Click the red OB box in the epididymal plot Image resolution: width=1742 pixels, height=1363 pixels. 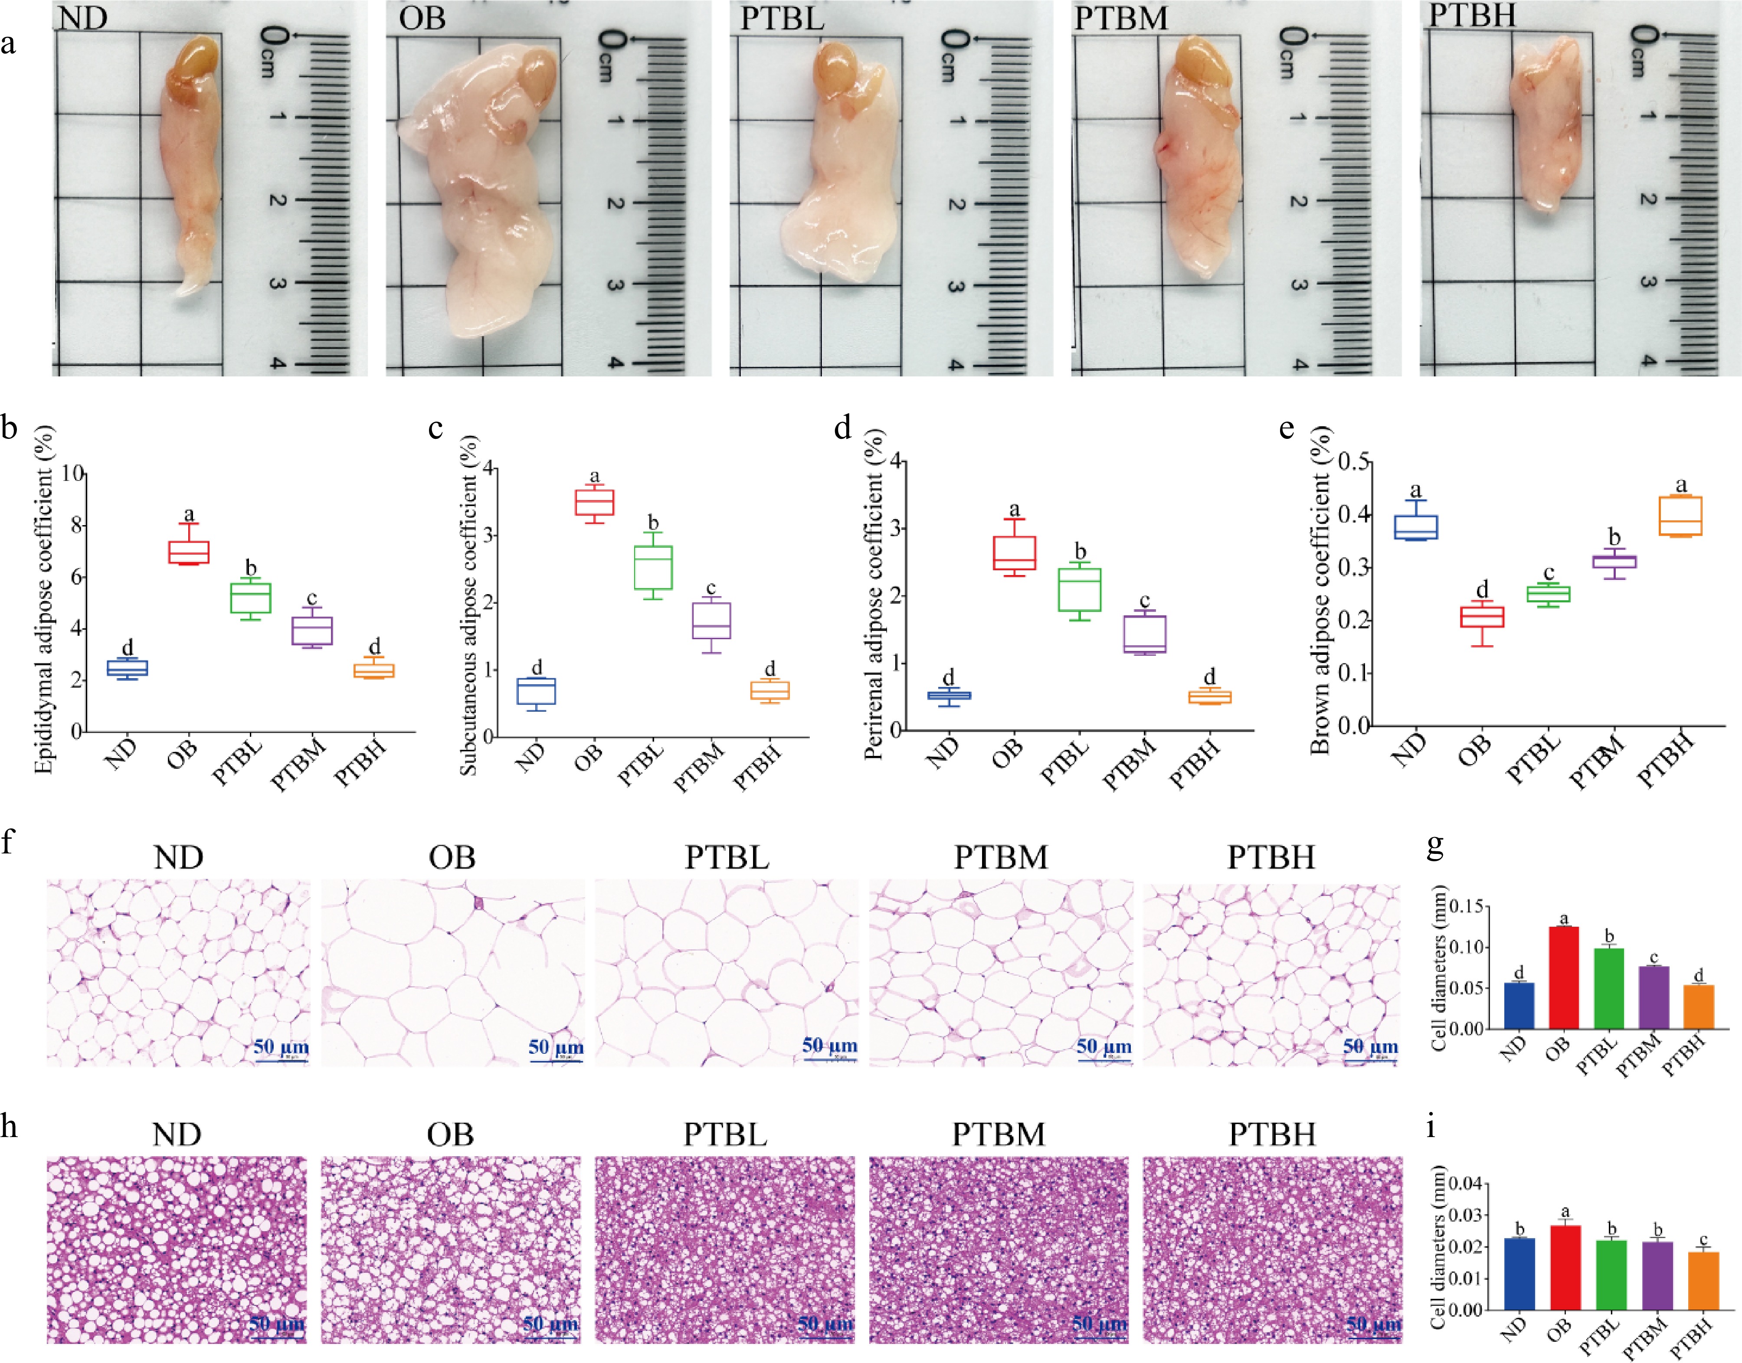(188, 552)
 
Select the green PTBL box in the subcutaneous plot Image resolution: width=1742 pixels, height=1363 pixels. (653, 567)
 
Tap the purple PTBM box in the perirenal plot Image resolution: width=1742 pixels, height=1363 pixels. (1144, 634)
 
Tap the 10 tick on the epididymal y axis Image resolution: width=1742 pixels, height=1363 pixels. (72, 473)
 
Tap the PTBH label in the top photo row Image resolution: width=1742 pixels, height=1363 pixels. (1471, 14)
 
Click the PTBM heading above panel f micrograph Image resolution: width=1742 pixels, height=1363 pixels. (1001, 857)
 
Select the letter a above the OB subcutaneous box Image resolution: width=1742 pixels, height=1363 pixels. (595, 477)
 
